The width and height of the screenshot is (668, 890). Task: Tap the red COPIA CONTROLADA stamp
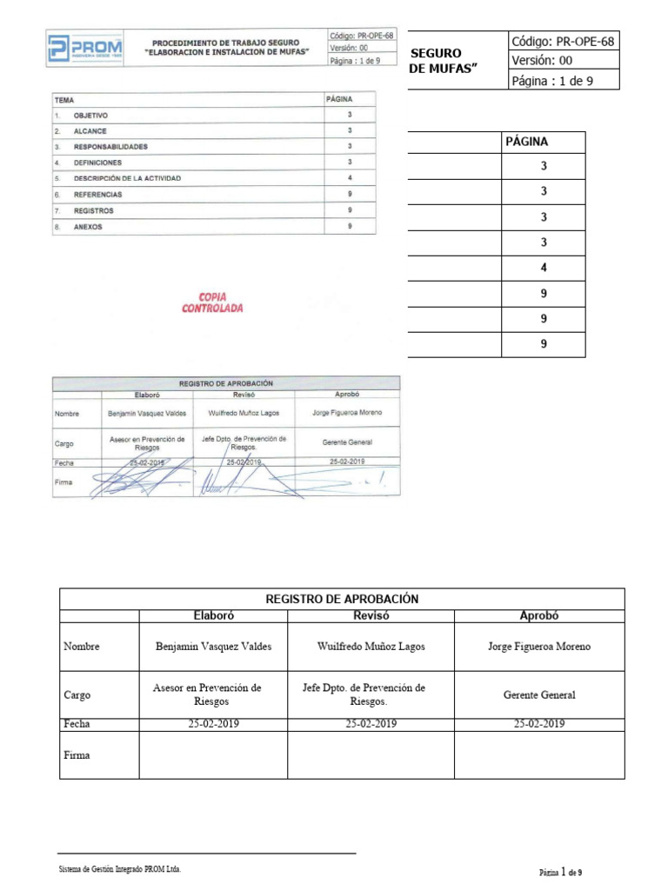point(212,302)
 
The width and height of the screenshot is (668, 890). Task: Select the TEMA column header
point(64,101)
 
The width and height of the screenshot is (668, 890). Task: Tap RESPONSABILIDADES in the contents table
point(110,147)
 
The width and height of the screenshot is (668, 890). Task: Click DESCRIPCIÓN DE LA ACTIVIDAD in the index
point(127,178)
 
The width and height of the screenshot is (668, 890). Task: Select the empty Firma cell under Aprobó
point(539,754)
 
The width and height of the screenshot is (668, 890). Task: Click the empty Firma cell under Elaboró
point(213,754)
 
